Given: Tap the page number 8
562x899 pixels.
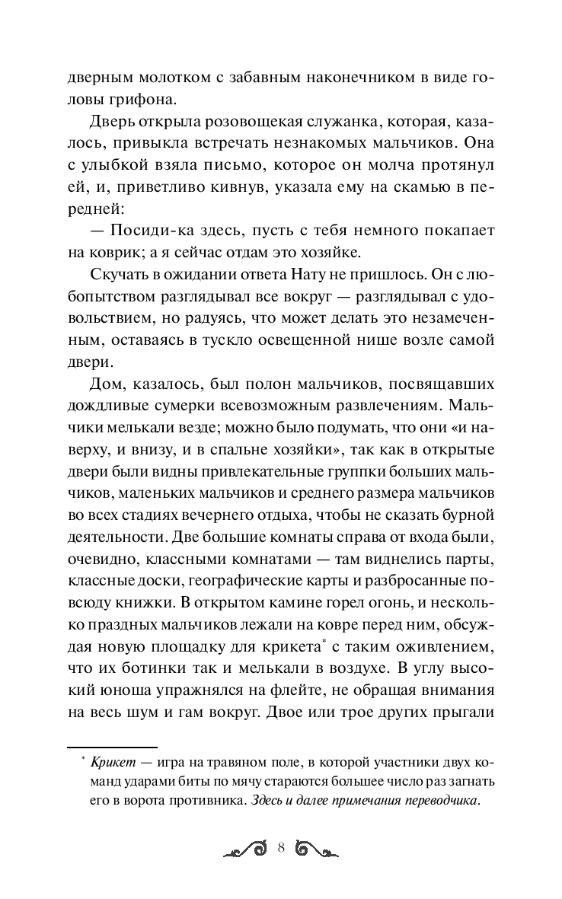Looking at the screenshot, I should tap(281, 850).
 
